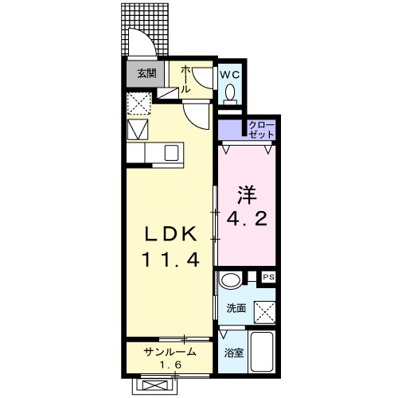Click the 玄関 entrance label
tap(146, 73)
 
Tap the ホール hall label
tap(185, 80)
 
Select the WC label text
tap(229, 74)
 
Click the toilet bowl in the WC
tap(230, 94)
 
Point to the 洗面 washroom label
tap(236, 308)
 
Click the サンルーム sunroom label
tap(169, 351)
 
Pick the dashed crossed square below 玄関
tap(139, 103)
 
